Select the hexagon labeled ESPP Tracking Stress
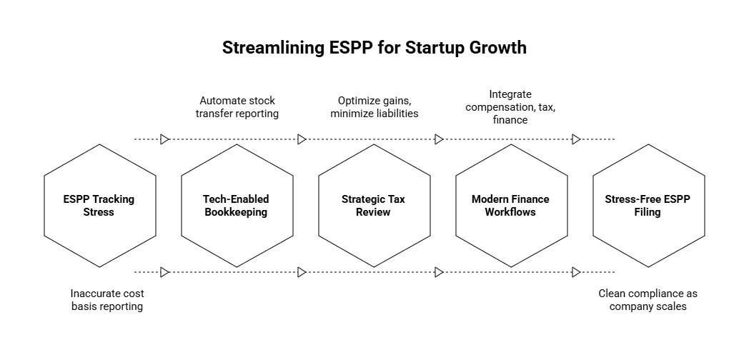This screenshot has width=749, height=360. tap(99, 206)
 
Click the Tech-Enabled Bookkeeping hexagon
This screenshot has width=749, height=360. tap(237, 206)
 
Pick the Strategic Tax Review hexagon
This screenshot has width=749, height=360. tap(374, 206)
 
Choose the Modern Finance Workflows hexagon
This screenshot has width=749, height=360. tap(511, 206)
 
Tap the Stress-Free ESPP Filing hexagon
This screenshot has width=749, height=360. tap(648, 206)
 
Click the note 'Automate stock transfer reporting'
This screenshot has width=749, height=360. tap(237, 107)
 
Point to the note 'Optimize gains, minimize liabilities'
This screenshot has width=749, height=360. tap(374, 107)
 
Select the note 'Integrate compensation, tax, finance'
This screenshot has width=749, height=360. tap(510, 107)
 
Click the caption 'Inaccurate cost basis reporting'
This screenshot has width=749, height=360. tap(107, 300)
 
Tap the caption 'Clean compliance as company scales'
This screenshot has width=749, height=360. tap(648, 300)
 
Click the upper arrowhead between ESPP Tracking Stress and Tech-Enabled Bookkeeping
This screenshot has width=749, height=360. tap(165, 139)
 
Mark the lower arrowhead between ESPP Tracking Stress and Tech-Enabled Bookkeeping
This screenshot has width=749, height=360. tap(165, 272)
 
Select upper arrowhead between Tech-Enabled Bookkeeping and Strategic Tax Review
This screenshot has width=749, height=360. tap(302, 139)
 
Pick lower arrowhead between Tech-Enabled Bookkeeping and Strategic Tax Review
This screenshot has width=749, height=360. tap(302, 272)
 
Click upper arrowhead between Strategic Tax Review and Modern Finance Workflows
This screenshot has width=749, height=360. tap(440, 139)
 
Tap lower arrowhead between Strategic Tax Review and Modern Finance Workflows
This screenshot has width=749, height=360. tap(440, 272)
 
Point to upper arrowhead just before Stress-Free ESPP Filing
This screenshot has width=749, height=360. tap(576, 139)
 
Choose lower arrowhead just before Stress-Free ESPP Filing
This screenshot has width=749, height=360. tap(576, 272)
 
